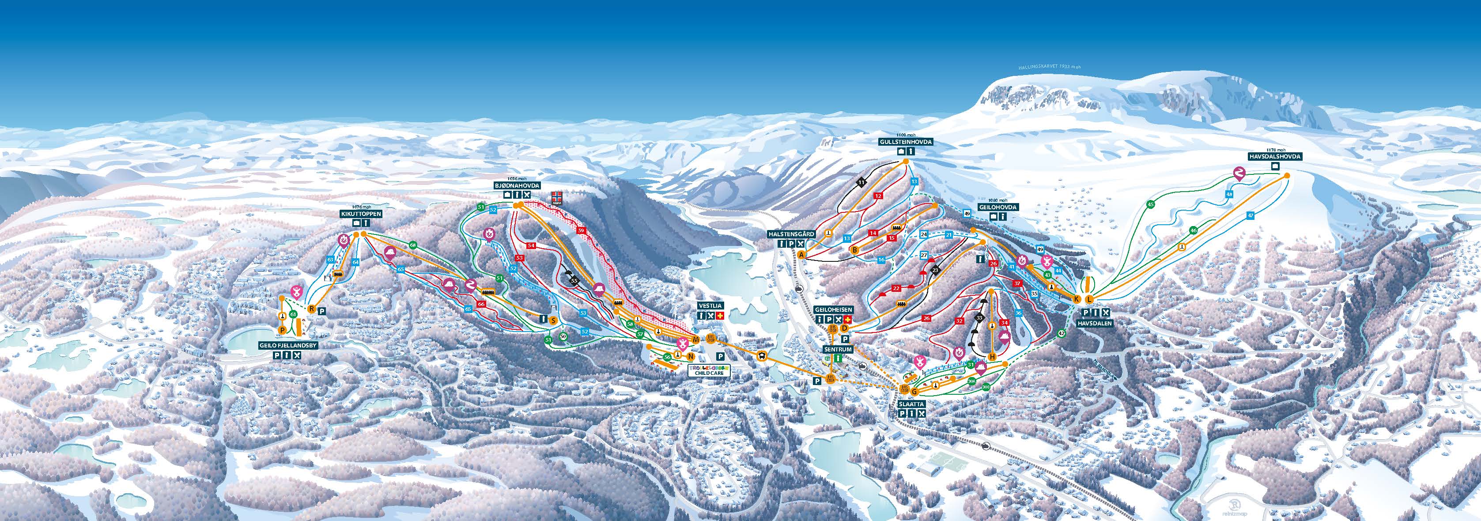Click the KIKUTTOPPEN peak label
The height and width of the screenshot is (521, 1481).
click(360, 213)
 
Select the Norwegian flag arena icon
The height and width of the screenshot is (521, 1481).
click(556, 198)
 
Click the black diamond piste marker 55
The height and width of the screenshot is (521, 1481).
click(574, 281)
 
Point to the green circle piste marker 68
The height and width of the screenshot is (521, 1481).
click(413, 245)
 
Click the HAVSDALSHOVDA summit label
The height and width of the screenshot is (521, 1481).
click(1277, 156)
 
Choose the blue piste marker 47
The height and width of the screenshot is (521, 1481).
click(1251, 215)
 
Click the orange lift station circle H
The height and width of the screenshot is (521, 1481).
click(992, 357)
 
